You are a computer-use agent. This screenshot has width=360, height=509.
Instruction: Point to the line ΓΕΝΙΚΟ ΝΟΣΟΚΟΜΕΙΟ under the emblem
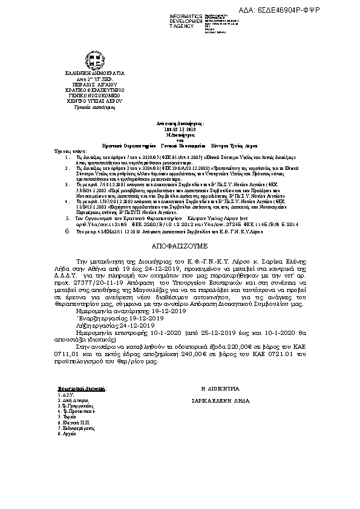click(94, 96)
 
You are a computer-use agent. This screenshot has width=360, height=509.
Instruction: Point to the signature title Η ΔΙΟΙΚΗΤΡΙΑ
click(224, 387)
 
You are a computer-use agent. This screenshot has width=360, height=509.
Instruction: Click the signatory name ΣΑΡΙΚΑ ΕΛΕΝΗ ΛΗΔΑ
click(225, 400)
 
